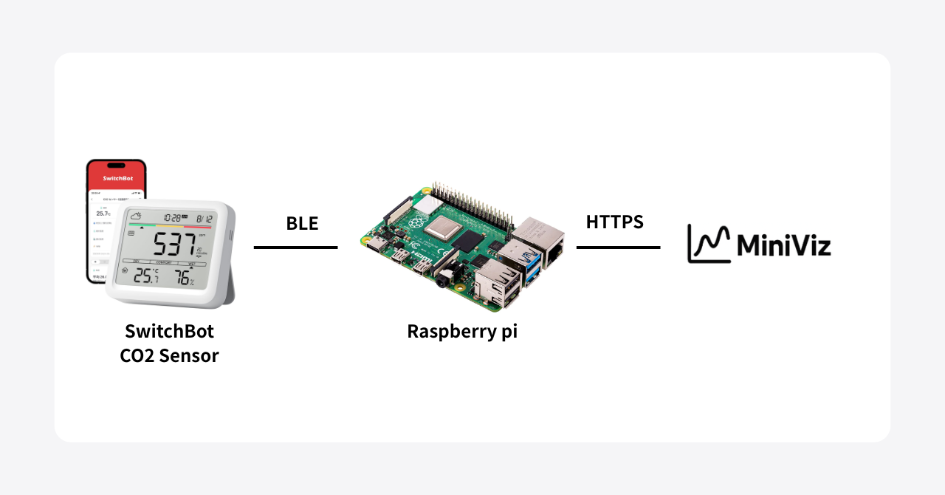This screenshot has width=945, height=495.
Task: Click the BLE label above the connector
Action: pyautogui.click(x=302, y=223)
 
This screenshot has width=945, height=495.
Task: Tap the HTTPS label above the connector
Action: pyautogui.click(x=614, y=222)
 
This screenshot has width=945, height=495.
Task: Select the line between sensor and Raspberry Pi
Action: pyautogui.click(x=295, y=247)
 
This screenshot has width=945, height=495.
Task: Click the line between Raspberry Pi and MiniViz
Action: pyautogui.click(x=618, y=247)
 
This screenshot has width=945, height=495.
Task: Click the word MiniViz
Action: pyautogui.click(x=783, y=245)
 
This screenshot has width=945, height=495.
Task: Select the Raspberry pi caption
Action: pyautogui.click(x=462, y=331)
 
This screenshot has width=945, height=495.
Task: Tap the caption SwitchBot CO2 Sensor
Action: pyautogui.click(x=169, y=343)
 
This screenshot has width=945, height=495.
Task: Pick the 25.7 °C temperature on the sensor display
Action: pyautogui.click(x=145, y=276)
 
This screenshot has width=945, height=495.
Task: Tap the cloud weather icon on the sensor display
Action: pyautogui.click(x=136, y=216)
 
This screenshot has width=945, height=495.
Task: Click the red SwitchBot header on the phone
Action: pyautogui.click(x=116, y=179)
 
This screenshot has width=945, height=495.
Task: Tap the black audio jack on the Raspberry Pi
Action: pyautogui.click(x=444, y=281)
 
